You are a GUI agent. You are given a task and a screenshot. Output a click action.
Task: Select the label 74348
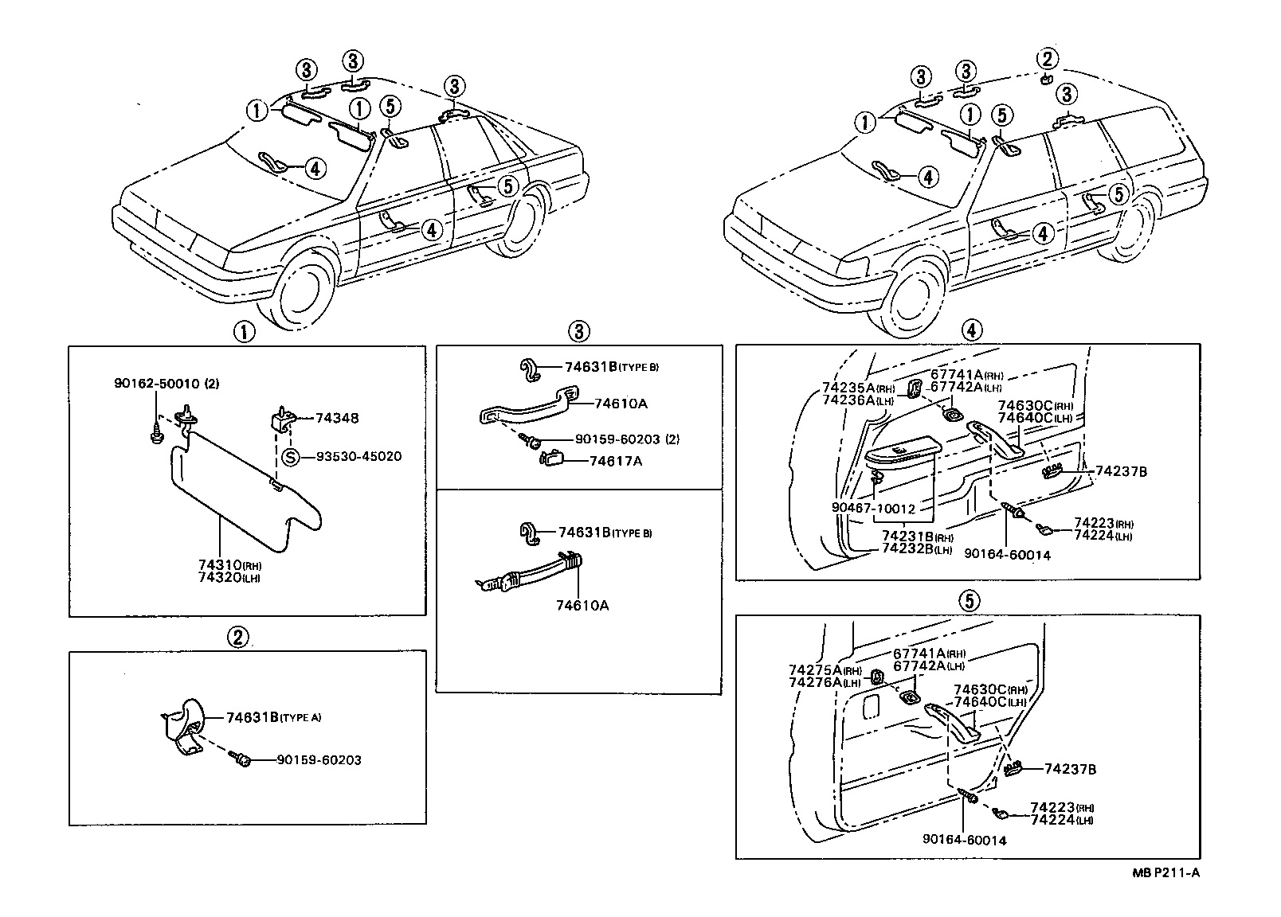(x=336, y=418)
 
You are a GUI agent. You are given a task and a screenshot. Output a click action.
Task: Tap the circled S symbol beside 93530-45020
(x=292, y=457)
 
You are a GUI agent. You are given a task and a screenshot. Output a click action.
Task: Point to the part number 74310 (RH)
(x=220, y=564)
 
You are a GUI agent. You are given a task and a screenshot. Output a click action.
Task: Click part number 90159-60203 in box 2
(x=319, y=760)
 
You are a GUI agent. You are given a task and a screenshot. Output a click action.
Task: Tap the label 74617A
(x=615, y=461)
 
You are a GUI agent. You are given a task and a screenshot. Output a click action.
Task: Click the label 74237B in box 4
(x=1121, y=471)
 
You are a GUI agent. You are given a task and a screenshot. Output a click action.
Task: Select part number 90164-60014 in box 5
(x=965, y=839)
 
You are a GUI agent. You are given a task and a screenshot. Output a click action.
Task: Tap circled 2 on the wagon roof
(x=1048, y=58)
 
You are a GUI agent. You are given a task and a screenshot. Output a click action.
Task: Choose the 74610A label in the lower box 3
(x=582, y=605)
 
